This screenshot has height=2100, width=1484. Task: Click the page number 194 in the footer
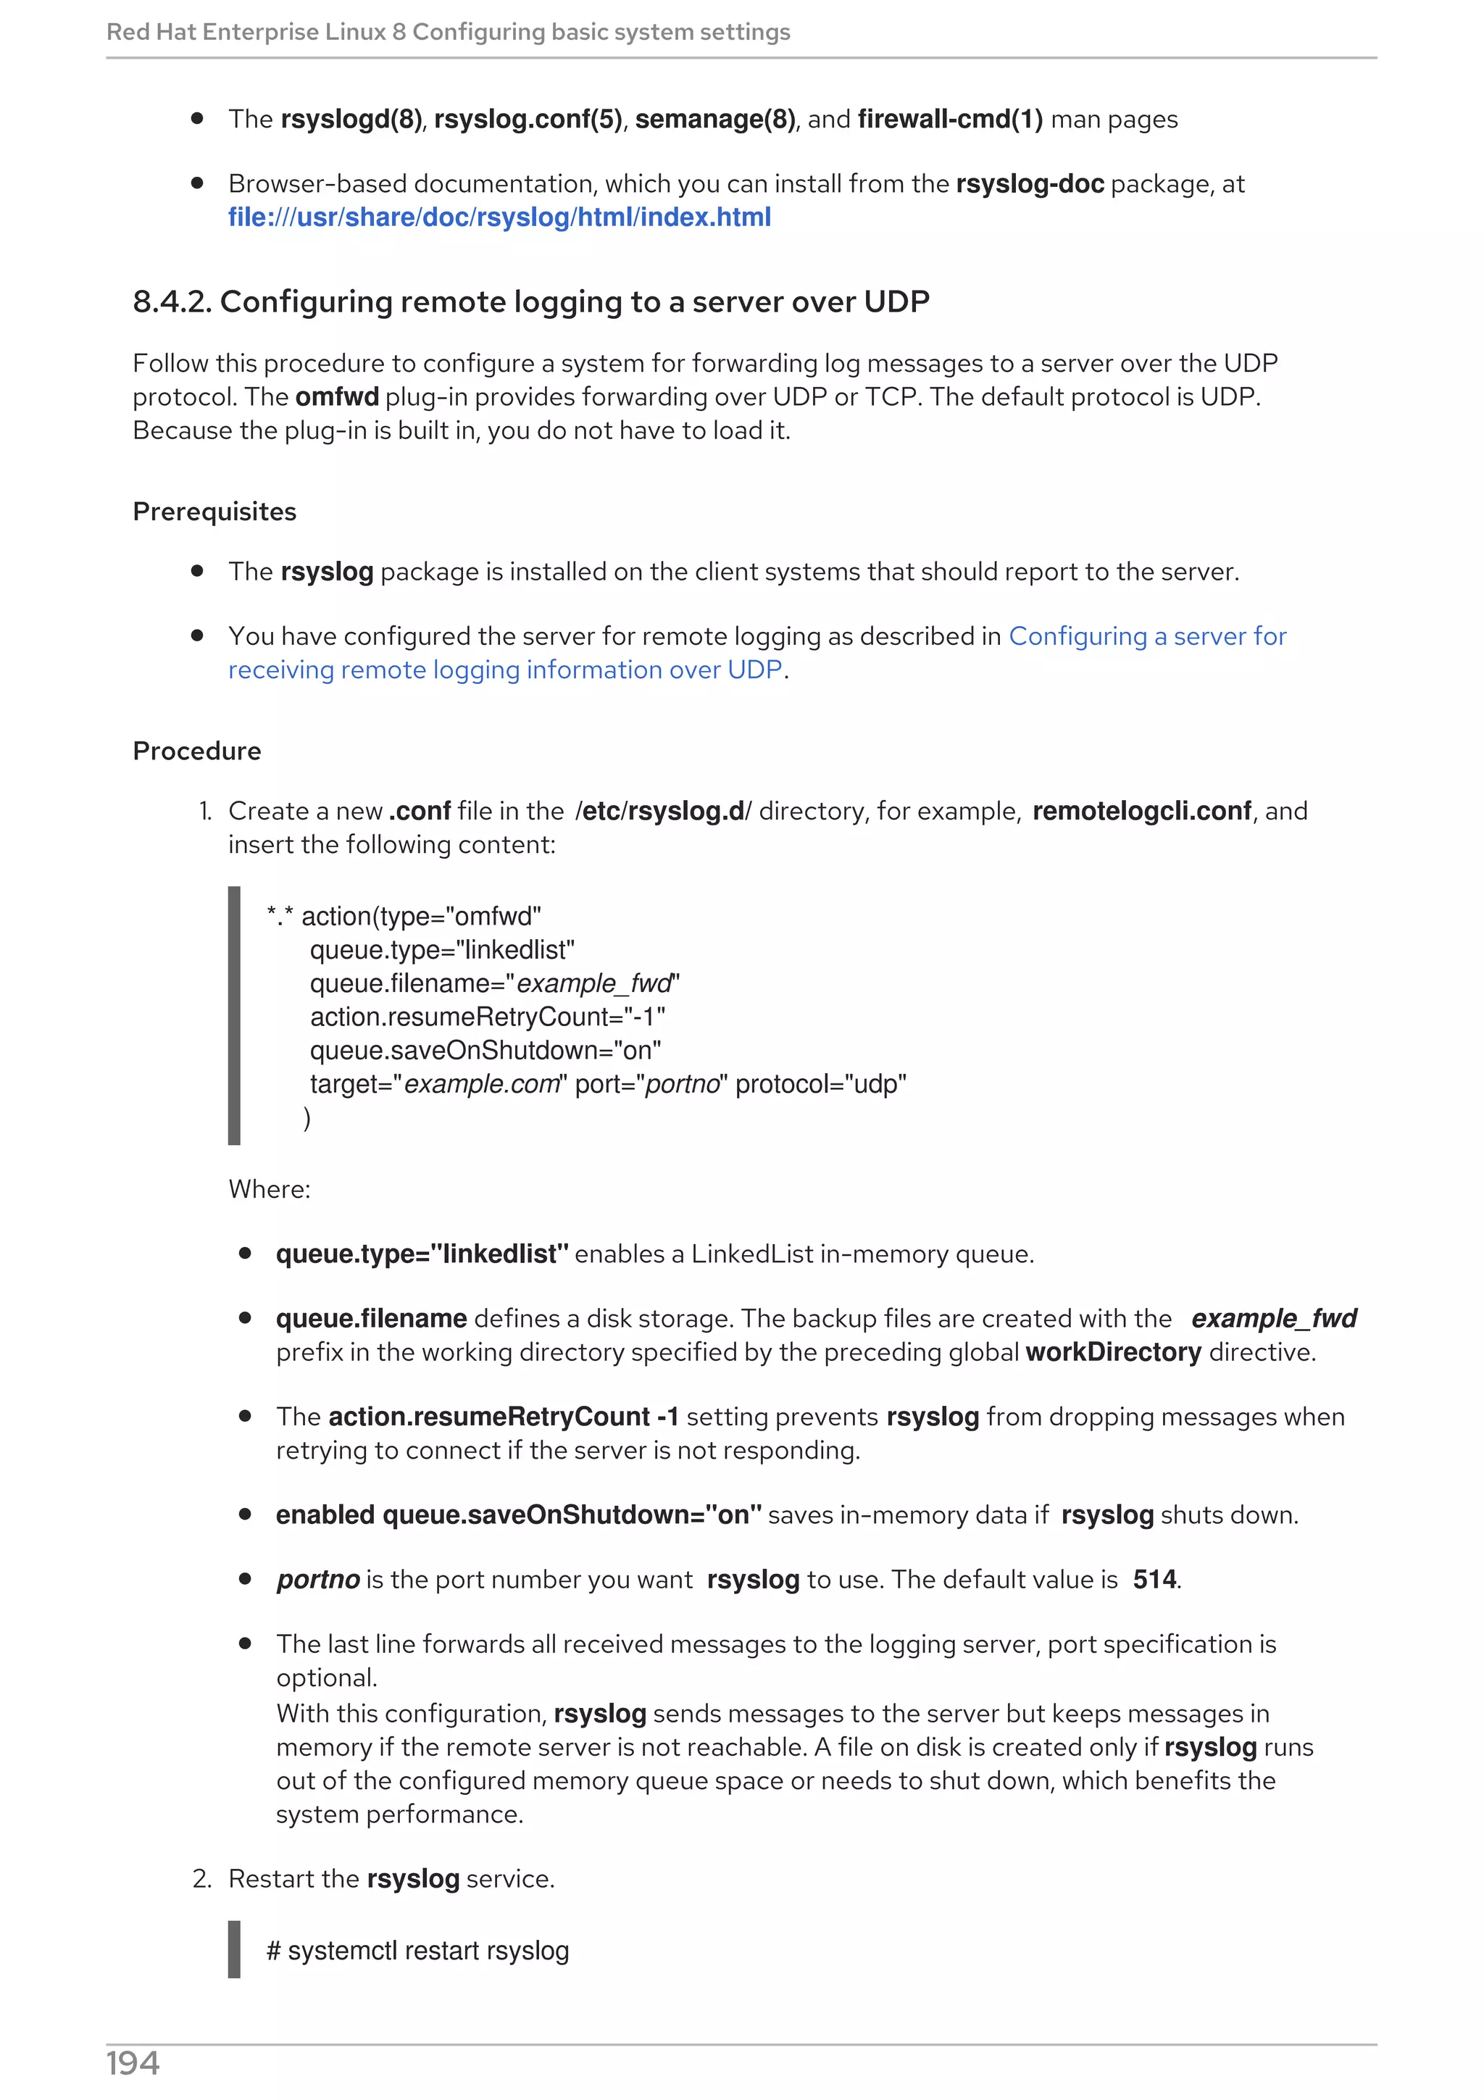coord(133,2064)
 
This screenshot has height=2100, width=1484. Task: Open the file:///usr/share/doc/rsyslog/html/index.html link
coord(499,217)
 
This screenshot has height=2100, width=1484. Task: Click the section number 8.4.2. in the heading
coord(172,302)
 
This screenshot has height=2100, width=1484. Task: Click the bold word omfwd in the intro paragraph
coord(336,397)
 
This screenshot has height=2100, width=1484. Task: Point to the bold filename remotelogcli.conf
coord(1141,812)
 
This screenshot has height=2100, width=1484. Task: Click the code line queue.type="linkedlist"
coord(441,950)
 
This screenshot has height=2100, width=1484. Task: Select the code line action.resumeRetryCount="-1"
coord(488,1017)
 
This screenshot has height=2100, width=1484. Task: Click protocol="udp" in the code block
coord(820,1084)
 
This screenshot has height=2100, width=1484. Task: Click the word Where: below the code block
coord(269,1189)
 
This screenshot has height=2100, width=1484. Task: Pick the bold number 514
coord(1154,1580)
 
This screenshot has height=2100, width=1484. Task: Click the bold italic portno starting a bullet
coord(318,1580)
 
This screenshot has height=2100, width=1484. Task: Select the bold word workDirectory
coord(1113,1352)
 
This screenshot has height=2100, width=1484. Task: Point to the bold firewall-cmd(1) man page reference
coord(949,120)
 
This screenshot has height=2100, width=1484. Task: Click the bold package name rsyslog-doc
coord(1030,184)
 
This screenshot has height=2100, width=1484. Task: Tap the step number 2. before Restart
coord(202,1879)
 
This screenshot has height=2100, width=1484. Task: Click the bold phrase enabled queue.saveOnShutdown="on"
coord(518,1514)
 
